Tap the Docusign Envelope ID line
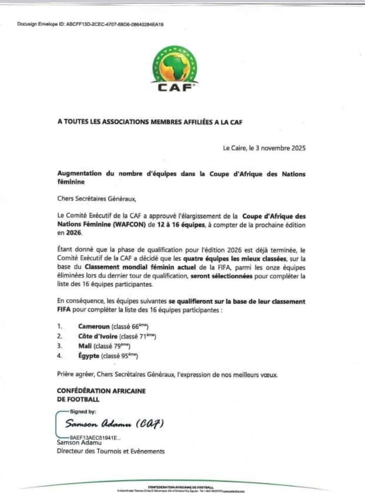pos(90,24)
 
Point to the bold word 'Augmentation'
pos(79,174)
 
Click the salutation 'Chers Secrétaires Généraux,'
pos(97,199)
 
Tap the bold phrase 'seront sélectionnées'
pos(221,276)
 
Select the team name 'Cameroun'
pos(94,326)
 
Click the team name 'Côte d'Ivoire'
pos(98,336)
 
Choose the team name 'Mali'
pos(85,346)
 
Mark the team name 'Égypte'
pos(89,356)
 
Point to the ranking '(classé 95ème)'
pos(120,356)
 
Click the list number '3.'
pos(59,346)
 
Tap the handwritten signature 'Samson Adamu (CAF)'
pos(114,424)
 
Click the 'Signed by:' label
pos(83,412)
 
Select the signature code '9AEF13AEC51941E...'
pos(95,437)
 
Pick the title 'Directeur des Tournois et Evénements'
pos(111,451)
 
